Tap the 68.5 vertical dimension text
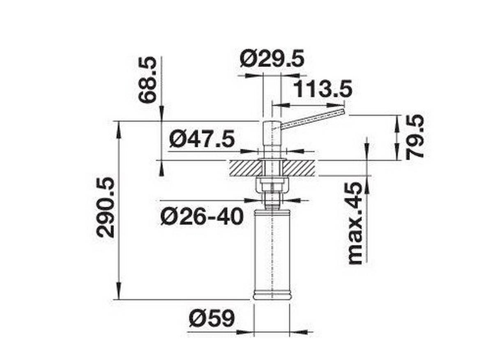coord(147,80)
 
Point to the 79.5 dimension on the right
coord(415,137)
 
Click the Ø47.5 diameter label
coord(202,139)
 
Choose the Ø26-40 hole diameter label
coord(202,217)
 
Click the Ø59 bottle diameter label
coord(212,318)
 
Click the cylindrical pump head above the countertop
coord(271,138)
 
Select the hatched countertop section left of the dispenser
coord(244,168)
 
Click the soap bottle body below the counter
coord(272,251)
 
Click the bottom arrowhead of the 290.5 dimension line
coord(119,294)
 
